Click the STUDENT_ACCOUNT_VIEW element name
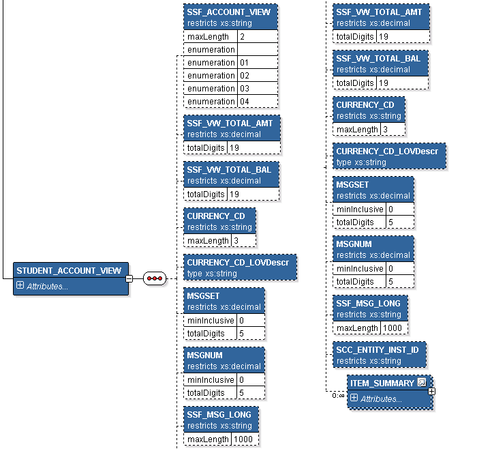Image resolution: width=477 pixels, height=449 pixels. (x=69, y=271)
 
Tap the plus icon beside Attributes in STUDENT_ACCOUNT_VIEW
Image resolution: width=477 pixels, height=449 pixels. (x=20, y=286)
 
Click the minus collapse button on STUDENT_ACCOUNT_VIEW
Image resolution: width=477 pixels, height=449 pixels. (x=129, y=278)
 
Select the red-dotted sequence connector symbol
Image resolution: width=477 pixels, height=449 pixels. (x=155, y=278)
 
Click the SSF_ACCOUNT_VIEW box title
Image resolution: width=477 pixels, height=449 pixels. (x=228, y=12)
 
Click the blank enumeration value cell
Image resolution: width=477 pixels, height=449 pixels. (x=257, y=49)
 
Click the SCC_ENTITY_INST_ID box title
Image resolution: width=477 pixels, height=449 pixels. (x=378, y=349)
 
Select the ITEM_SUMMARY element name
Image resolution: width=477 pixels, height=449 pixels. (x=382, y=383)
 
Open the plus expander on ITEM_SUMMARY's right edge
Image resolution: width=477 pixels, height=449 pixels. (x=431, y=392)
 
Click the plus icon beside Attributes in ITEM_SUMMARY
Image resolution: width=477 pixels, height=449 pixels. (x=354, y=398)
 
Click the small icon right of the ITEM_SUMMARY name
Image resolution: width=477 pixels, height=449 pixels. (x=422, y=383)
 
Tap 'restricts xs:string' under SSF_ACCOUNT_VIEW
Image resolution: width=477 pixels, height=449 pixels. (x=219, y=23)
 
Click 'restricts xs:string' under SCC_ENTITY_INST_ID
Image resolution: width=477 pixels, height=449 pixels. (x=369, y=361)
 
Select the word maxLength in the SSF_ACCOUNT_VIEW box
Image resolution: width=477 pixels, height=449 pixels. (x=209, y=36)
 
